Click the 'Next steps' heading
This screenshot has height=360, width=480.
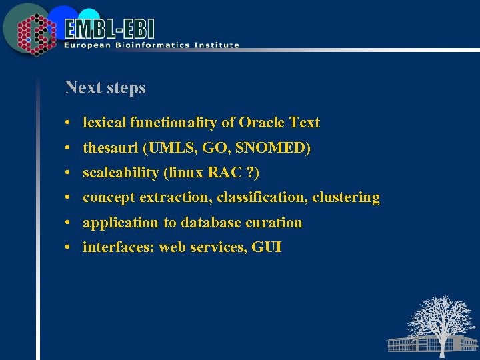105,87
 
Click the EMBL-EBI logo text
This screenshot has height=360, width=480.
111,29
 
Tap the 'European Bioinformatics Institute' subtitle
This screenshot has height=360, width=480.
151,45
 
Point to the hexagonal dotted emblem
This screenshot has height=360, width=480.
34,33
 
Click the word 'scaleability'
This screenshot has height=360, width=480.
121,173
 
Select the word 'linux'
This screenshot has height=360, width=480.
185,173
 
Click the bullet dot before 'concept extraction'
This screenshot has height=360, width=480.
69,198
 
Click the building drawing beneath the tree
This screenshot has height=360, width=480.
413,343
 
